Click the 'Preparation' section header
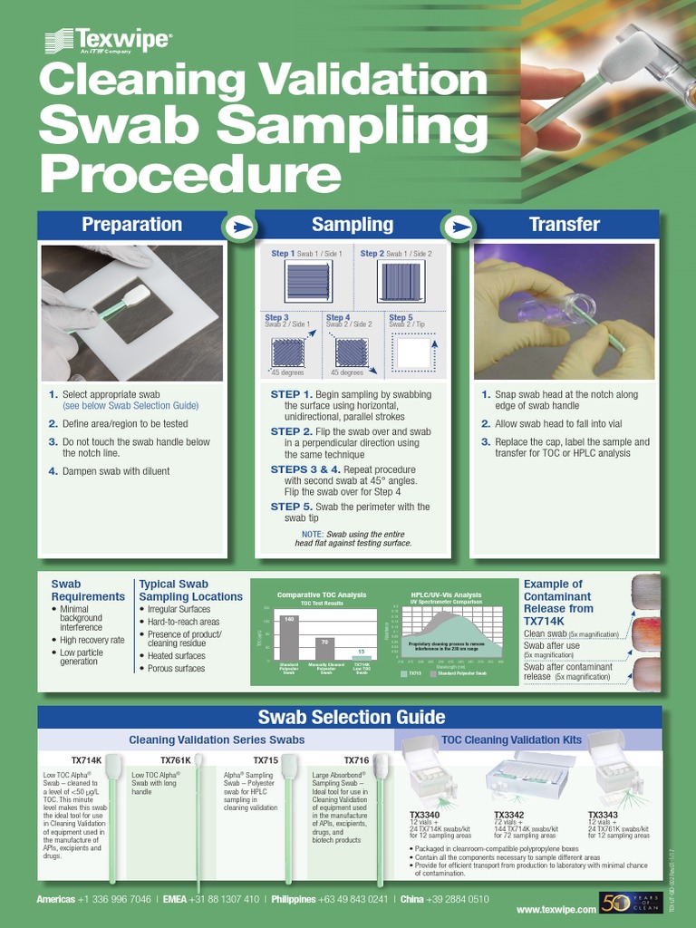131,225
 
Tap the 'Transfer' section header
565,225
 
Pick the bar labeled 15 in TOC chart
361,656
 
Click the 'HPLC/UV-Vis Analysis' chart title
447,594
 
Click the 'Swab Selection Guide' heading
352,718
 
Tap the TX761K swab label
176,759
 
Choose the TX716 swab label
356,759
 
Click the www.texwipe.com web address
556,909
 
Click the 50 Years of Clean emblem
625,903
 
